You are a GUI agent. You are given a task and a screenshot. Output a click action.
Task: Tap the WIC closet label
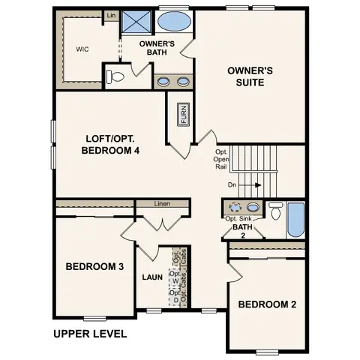[x=83, y=49]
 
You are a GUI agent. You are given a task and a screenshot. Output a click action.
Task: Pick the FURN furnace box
[x=182, y=115]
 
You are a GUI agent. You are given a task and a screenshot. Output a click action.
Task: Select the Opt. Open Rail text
[x=221, y=159]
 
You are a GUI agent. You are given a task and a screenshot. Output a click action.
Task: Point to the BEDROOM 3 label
[x=94, y=266]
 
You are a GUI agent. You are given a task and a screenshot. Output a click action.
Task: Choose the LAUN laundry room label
[x=153, y=277]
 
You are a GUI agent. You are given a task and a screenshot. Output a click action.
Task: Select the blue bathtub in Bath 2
[x=295, y=217]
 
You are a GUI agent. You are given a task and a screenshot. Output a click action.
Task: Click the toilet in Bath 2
[x=276, y=212]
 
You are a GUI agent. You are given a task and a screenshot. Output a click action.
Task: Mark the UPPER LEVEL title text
[x=89, y=333]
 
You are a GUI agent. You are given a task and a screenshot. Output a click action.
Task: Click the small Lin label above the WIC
[x=111, y=15]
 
